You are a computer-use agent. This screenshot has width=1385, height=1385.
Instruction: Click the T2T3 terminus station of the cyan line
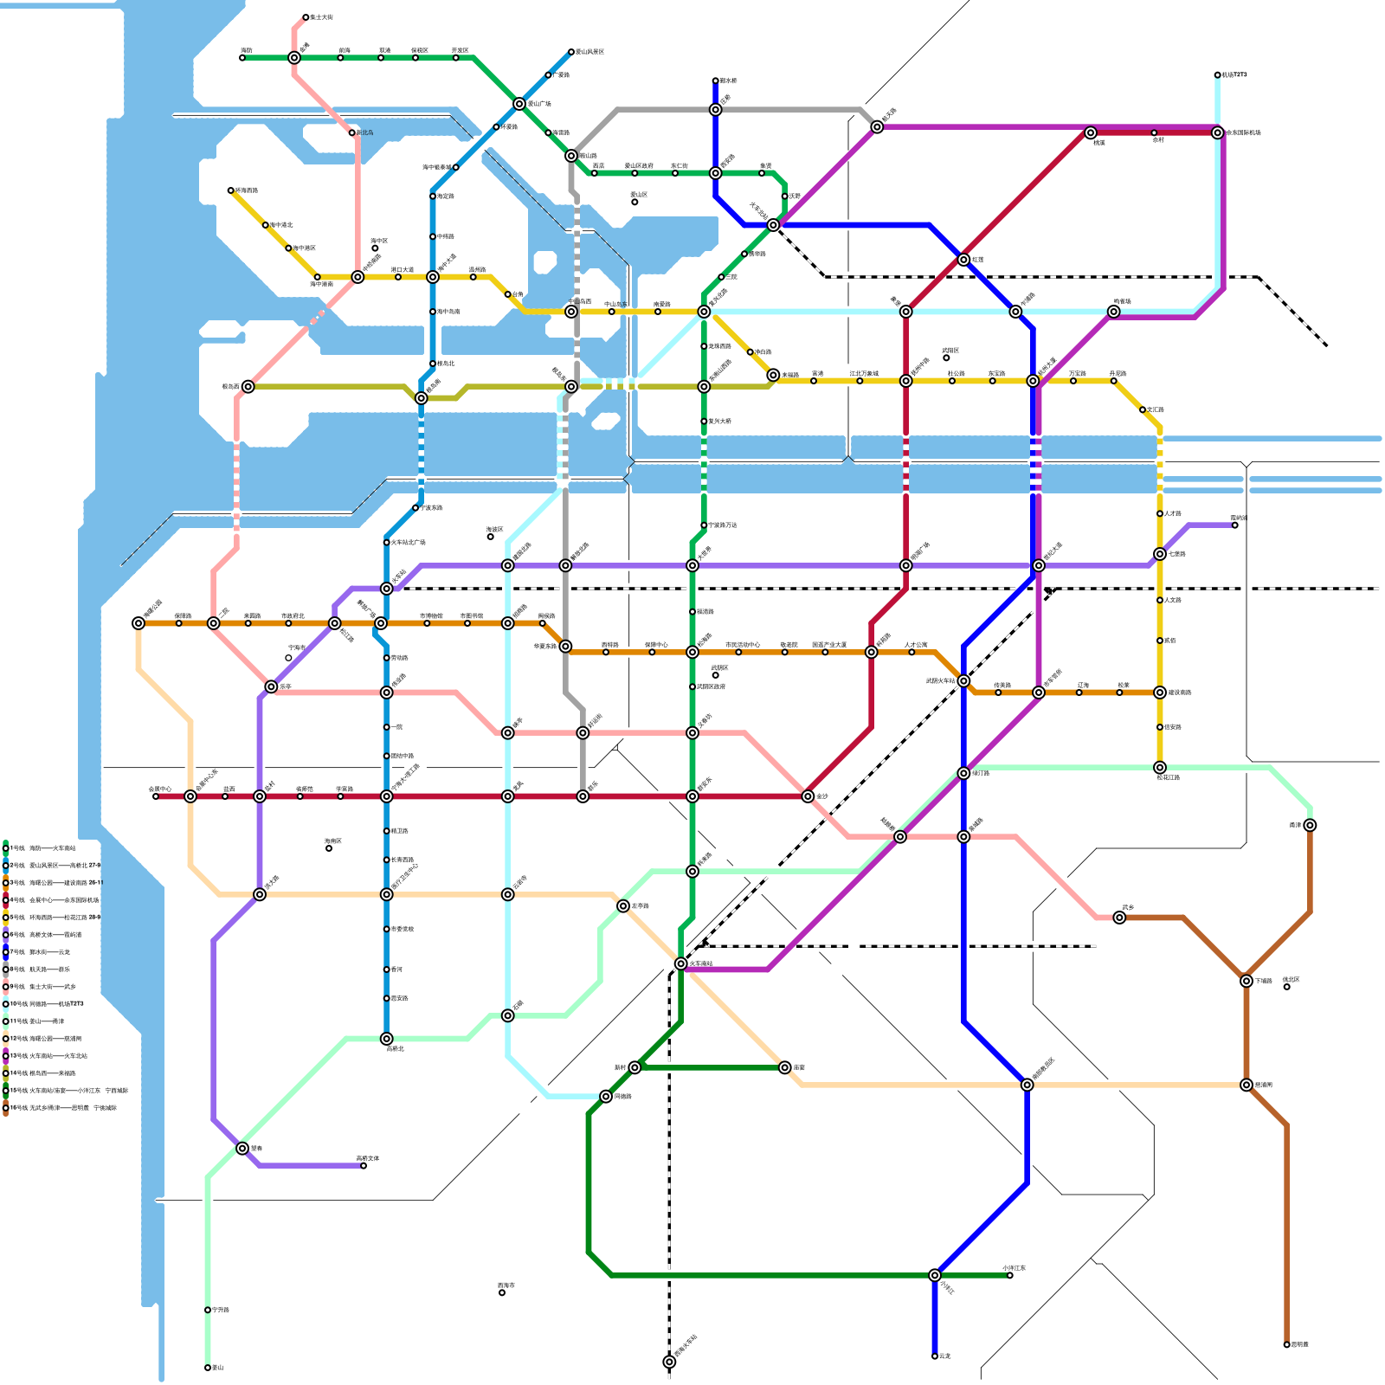1217,75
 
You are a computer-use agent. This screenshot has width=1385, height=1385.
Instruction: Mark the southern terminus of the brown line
1286,1344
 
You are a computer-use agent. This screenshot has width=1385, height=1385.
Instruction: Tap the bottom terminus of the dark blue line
935,1356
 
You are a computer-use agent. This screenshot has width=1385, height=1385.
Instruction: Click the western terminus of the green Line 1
242,58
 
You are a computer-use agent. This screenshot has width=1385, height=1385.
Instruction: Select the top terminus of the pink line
306,17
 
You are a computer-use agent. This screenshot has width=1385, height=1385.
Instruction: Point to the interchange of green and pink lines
294,58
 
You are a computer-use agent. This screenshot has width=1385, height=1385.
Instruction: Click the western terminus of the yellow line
231,190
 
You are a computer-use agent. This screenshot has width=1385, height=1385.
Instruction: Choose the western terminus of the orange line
138,623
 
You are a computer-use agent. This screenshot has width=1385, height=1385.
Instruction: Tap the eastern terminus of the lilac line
1234,525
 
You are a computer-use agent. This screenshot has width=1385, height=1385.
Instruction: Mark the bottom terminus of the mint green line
208,1368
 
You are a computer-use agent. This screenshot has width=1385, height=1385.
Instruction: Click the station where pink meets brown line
1119,918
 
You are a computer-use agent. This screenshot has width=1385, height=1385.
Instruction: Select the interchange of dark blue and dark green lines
935,1275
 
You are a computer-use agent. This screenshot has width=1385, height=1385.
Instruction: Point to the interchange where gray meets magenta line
877,127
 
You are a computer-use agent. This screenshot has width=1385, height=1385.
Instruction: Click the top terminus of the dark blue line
715,81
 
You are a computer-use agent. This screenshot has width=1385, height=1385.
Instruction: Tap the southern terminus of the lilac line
364,1166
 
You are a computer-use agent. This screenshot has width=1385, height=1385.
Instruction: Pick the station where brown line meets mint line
1310,825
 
